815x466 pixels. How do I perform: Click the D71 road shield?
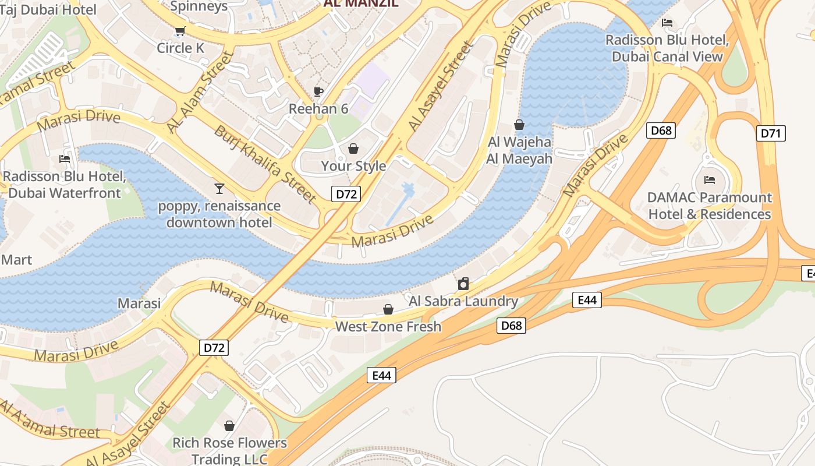click(x=770, y=133)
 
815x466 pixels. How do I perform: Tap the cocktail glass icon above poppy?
click(x=219, y=188)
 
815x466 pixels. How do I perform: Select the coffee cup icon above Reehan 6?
click(x=318, y=91)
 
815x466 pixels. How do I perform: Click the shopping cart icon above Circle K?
click(x=180, y=30)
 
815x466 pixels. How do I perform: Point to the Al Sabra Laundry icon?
click(x=463, y=284)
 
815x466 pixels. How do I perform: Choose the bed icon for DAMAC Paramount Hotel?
click(x=709, y=179)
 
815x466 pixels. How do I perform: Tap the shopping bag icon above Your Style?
click(x=353, y=149)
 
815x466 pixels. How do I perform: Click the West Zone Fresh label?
click(x=388, y=326)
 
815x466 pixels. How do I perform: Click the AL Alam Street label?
click(x=199, y=92)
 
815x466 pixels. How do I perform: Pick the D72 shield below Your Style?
click(x=346, y=194)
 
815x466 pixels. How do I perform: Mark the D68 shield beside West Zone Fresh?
click(x=511, y=325)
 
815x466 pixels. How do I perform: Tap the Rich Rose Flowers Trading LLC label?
click(x=229, y=451)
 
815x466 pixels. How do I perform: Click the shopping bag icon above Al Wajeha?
click(x=519, y=125)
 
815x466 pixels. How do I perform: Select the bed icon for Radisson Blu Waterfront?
click(x=65, y=158)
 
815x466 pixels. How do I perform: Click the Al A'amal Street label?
click(x=49, y=424)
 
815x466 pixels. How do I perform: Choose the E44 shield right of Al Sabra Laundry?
click(x=587, y=300)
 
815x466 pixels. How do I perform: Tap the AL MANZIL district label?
click(x=361, y=3)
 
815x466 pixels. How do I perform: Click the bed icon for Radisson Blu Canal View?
click(x=667, y=23)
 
